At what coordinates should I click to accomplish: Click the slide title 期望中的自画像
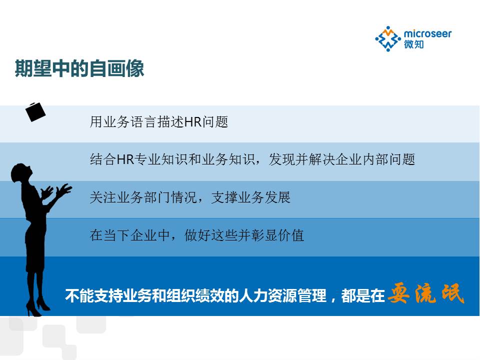click(x=79, y=68)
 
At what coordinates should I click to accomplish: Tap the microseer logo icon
click(x=388, y=39)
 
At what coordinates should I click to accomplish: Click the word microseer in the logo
click(x=427, y=33)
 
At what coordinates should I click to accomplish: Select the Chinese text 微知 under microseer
click(x=414, y=44)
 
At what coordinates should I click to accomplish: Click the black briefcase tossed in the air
click(x=35, y=112)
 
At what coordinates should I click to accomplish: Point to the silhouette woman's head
click(x=21, y=173)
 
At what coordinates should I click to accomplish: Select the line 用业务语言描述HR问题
click(x=159, y=122)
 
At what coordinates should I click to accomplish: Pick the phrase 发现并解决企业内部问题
click(x=342, y=159)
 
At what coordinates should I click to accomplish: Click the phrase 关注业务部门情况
click(x=143, y=197)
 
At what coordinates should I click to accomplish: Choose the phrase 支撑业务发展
click(x=250, y=197)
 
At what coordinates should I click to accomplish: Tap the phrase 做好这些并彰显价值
click(x=244, y=235)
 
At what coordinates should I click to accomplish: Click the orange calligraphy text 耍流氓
click(x=426, y=293)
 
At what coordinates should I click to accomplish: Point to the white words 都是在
click(x=363, y=295)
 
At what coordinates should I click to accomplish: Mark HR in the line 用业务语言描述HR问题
click(x=193, y=122)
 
